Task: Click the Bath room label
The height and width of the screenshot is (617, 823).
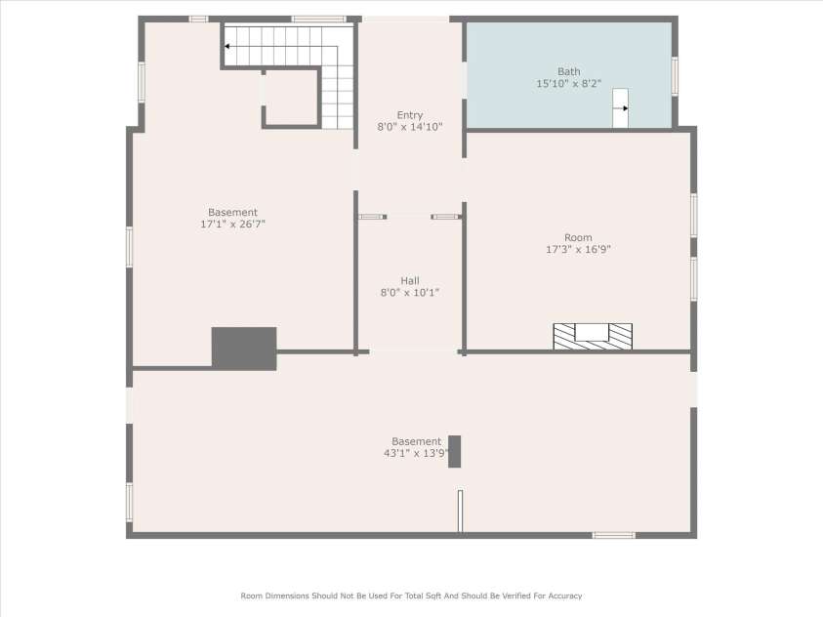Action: [x=568, y=71]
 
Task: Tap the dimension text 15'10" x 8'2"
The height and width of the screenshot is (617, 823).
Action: [x=568, y=84]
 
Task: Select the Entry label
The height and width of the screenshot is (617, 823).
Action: [x=410, y=115]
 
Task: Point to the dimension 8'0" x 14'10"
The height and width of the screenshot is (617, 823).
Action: [x=410, y=127]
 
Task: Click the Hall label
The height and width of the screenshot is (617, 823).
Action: [x=410, y=280]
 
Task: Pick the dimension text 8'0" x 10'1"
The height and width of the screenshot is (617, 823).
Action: [x=410, y=292]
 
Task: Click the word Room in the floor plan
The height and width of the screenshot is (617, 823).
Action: [x=578, y=237]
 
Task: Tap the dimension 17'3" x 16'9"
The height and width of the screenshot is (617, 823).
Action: [x=578, y=249]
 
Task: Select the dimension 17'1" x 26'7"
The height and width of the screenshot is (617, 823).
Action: [x=232, y=225]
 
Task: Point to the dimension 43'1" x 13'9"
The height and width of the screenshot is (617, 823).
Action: [x=417, y=453]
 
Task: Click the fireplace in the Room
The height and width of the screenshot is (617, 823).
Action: [x=592, y=335]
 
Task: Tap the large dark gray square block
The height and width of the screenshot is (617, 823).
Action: [x=244, y=348]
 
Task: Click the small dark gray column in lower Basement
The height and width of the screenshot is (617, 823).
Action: [x=454, y=451]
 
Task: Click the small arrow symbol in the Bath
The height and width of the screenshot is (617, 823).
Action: [x=620, y=108]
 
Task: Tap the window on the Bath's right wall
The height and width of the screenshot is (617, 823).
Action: [x=675, y=76]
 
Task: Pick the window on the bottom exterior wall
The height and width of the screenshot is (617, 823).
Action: [x=614, y=535]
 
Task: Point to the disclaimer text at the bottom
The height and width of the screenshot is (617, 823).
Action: [x=411, y=595]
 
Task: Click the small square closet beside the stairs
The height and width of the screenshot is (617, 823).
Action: [x=291, y=98]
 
